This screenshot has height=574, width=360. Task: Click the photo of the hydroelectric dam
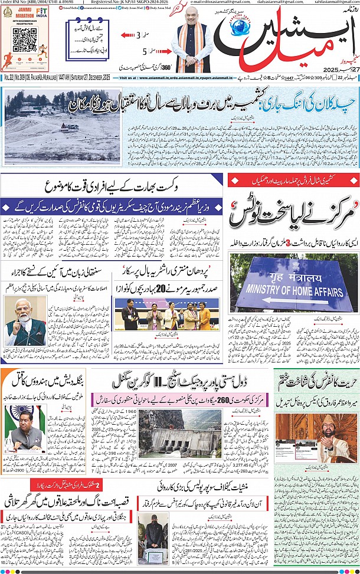[x=179, y=437]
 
